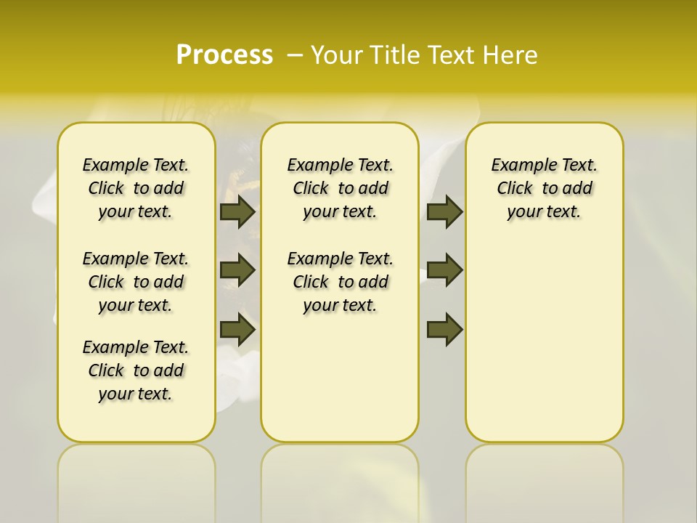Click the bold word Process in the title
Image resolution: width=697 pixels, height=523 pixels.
click(x=224, y=54)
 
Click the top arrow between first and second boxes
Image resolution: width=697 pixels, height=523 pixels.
click(x=237, y=211)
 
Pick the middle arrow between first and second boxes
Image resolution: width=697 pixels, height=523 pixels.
click(x=237, y=270)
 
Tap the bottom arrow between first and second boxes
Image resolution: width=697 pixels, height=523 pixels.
click(x=237, y=330)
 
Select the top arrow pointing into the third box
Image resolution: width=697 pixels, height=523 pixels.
click(x=444, y=211)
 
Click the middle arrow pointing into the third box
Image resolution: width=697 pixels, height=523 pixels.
click(x=444, y=270)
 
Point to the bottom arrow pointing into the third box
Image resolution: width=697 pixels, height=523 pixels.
click(x=444, y=330)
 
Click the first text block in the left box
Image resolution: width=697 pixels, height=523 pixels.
click(x=136, y=188)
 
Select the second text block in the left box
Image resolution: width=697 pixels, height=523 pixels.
click(x=136, y=282)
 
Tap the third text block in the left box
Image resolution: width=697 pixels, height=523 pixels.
click(x=136, y=370)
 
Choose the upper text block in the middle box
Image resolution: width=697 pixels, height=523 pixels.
click(x=340, y=188)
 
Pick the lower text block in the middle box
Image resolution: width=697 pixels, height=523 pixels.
click(x=340, y=282)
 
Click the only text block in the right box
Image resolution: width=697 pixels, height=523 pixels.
click(x=544, y=188)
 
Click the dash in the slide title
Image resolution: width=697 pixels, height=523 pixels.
click(x=295, y=54)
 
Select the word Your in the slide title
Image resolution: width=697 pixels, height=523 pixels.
click(x=338, y=54)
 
